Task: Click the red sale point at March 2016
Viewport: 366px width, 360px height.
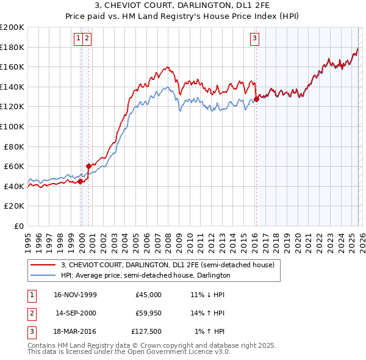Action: point(256,99)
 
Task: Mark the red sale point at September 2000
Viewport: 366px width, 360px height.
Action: point(88,166)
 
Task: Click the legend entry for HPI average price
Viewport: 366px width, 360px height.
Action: point(145,275)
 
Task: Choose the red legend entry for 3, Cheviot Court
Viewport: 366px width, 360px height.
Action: point(168,265)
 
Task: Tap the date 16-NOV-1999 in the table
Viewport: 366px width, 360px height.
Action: point(75,295)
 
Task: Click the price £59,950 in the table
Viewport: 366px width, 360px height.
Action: point(148,314)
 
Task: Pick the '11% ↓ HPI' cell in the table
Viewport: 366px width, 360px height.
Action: point(207,295)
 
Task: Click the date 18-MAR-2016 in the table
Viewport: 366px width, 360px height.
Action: point(75,333)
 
